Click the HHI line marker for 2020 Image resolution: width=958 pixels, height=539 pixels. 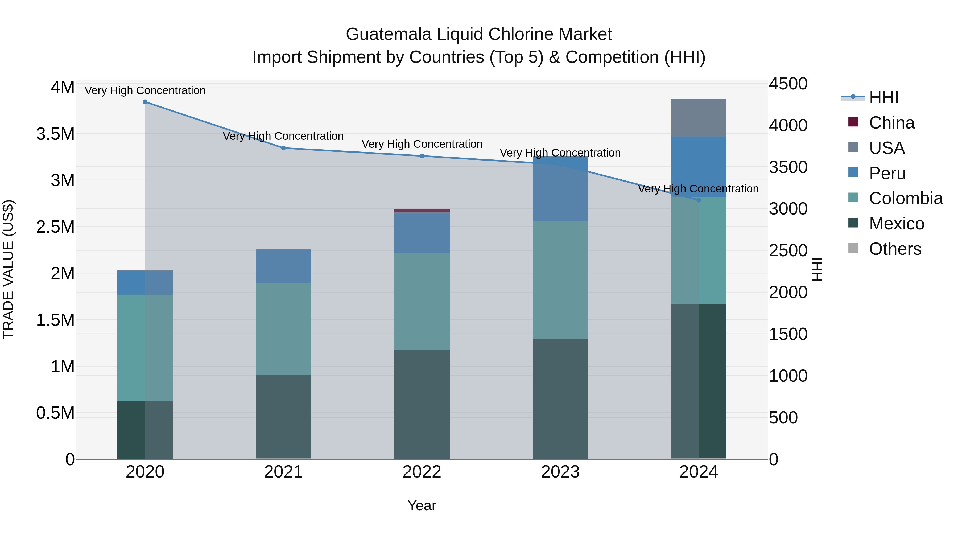click(145, 102)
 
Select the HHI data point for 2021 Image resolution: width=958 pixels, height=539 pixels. click(283, 148)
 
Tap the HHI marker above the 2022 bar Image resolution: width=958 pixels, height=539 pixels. click(422, 156)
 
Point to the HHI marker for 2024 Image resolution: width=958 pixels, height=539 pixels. click(699, 200)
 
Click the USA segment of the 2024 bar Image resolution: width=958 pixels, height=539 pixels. click(699, 118)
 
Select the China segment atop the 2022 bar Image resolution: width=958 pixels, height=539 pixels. click(422, 211)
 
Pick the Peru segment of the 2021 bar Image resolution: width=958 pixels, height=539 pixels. click(283, 266)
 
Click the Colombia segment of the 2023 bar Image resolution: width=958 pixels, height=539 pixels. click(560, 280)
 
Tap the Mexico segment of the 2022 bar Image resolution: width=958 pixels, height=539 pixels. click(422, 404)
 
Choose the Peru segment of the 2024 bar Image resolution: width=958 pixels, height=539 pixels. click(699, 167)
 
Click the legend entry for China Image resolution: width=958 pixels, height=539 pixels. click(891, 123)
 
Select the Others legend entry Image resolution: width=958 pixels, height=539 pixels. click(895, 249)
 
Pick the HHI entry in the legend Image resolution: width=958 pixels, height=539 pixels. click(883, 97)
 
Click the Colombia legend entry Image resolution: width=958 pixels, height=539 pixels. click(906, 198)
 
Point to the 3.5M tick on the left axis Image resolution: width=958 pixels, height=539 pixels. click(55, 134)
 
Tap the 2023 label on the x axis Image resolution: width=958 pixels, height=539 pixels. click(560, 472)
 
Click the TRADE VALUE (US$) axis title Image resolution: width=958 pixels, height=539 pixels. click(8, 269)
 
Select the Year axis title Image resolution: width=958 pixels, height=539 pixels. click(422, 505)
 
